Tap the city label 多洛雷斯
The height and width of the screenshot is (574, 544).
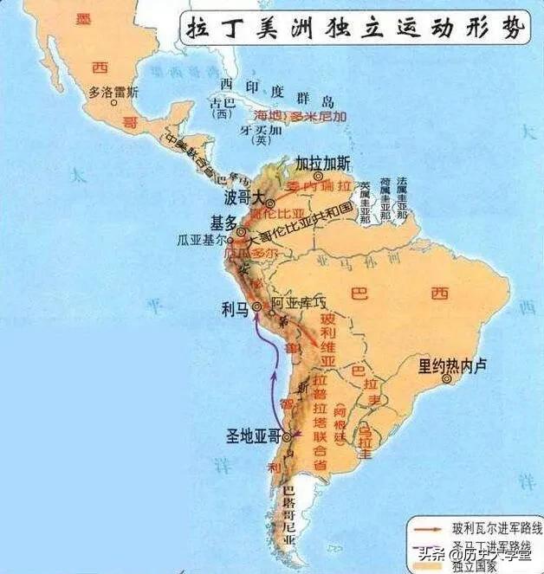coord(113,91)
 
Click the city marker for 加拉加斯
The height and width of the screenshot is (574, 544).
coord(318,177)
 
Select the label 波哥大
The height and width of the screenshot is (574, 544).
coord(243,197)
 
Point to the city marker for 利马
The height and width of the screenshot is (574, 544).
coord(256,307)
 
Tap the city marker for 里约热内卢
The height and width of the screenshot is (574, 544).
coord(447,378)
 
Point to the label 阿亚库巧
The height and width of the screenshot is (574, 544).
coord(299,302)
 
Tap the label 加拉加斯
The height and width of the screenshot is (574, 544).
coord(322,163)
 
